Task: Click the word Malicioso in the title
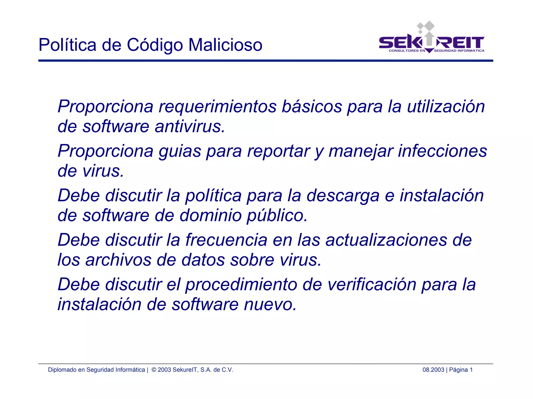click(x=225, y=45)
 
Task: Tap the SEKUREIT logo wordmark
click(x=431, y=43)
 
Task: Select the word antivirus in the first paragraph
click(x=189, y=127)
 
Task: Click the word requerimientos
click(x=218, y=107)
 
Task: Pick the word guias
click(x=180, y=151)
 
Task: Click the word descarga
click(x=343, y=196)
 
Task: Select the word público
click(x=277, y=216)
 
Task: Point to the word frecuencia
click(x=226, y=240)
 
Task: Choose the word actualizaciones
click(x=386, y=240)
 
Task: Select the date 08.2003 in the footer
click(x=433, y=370)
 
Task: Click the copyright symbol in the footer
click(x=154, y=370)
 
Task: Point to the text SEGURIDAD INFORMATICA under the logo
click(x=459, y=51)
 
